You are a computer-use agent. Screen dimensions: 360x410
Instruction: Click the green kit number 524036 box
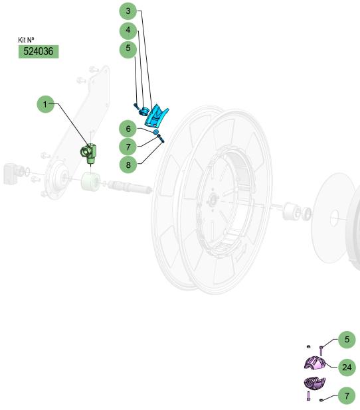pyautogui.click(x=39, y=52)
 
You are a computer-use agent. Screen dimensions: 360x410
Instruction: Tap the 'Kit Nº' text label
pyautogui.click(x=26, y=40)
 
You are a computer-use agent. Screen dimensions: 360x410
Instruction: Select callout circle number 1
pyautogui.click(x=46, y=104)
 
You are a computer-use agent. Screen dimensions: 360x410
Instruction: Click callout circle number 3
pyautogui.click(x=128, y=11)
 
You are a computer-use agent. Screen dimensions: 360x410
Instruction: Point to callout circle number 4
pyautogui.click(x=128, y=30)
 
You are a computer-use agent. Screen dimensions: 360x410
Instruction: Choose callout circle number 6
pyautogui.click(x=128, y=129)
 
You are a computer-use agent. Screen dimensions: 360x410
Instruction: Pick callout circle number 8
pyautogui.click(x=128, y=165)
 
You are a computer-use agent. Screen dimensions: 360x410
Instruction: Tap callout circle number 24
pyautogui.click(x=347, y=368)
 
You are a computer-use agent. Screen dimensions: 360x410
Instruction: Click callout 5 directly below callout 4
pyautogui.click(x=128, y=48)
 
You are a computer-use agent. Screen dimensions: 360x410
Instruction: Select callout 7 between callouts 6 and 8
pyautogui.click(x=128, y=147)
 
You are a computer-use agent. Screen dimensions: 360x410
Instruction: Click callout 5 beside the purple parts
pyautogui.click(x=347, y=340)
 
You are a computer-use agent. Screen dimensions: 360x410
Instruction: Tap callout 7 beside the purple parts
pyautogui.click(x=347, y=395)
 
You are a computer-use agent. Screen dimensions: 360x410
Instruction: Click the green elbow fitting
pyautogui.click(x=88, y=153)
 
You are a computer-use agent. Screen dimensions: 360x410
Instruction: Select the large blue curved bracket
pyautogui.click(x=156, y=115)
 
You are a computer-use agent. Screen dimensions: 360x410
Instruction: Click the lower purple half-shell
pyautogui.click(x=315, y=383)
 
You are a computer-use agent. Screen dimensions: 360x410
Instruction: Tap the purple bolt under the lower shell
pyautogui.click(x=308, y=395)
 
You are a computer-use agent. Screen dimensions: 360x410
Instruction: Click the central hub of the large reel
pyautogui.click(x=213, y=201)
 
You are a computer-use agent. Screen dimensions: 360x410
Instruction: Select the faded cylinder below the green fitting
pyautogui.click(x=90, y=182)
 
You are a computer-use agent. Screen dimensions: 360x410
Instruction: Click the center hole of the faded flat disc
pyautogui.click(x=334, y=218)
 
